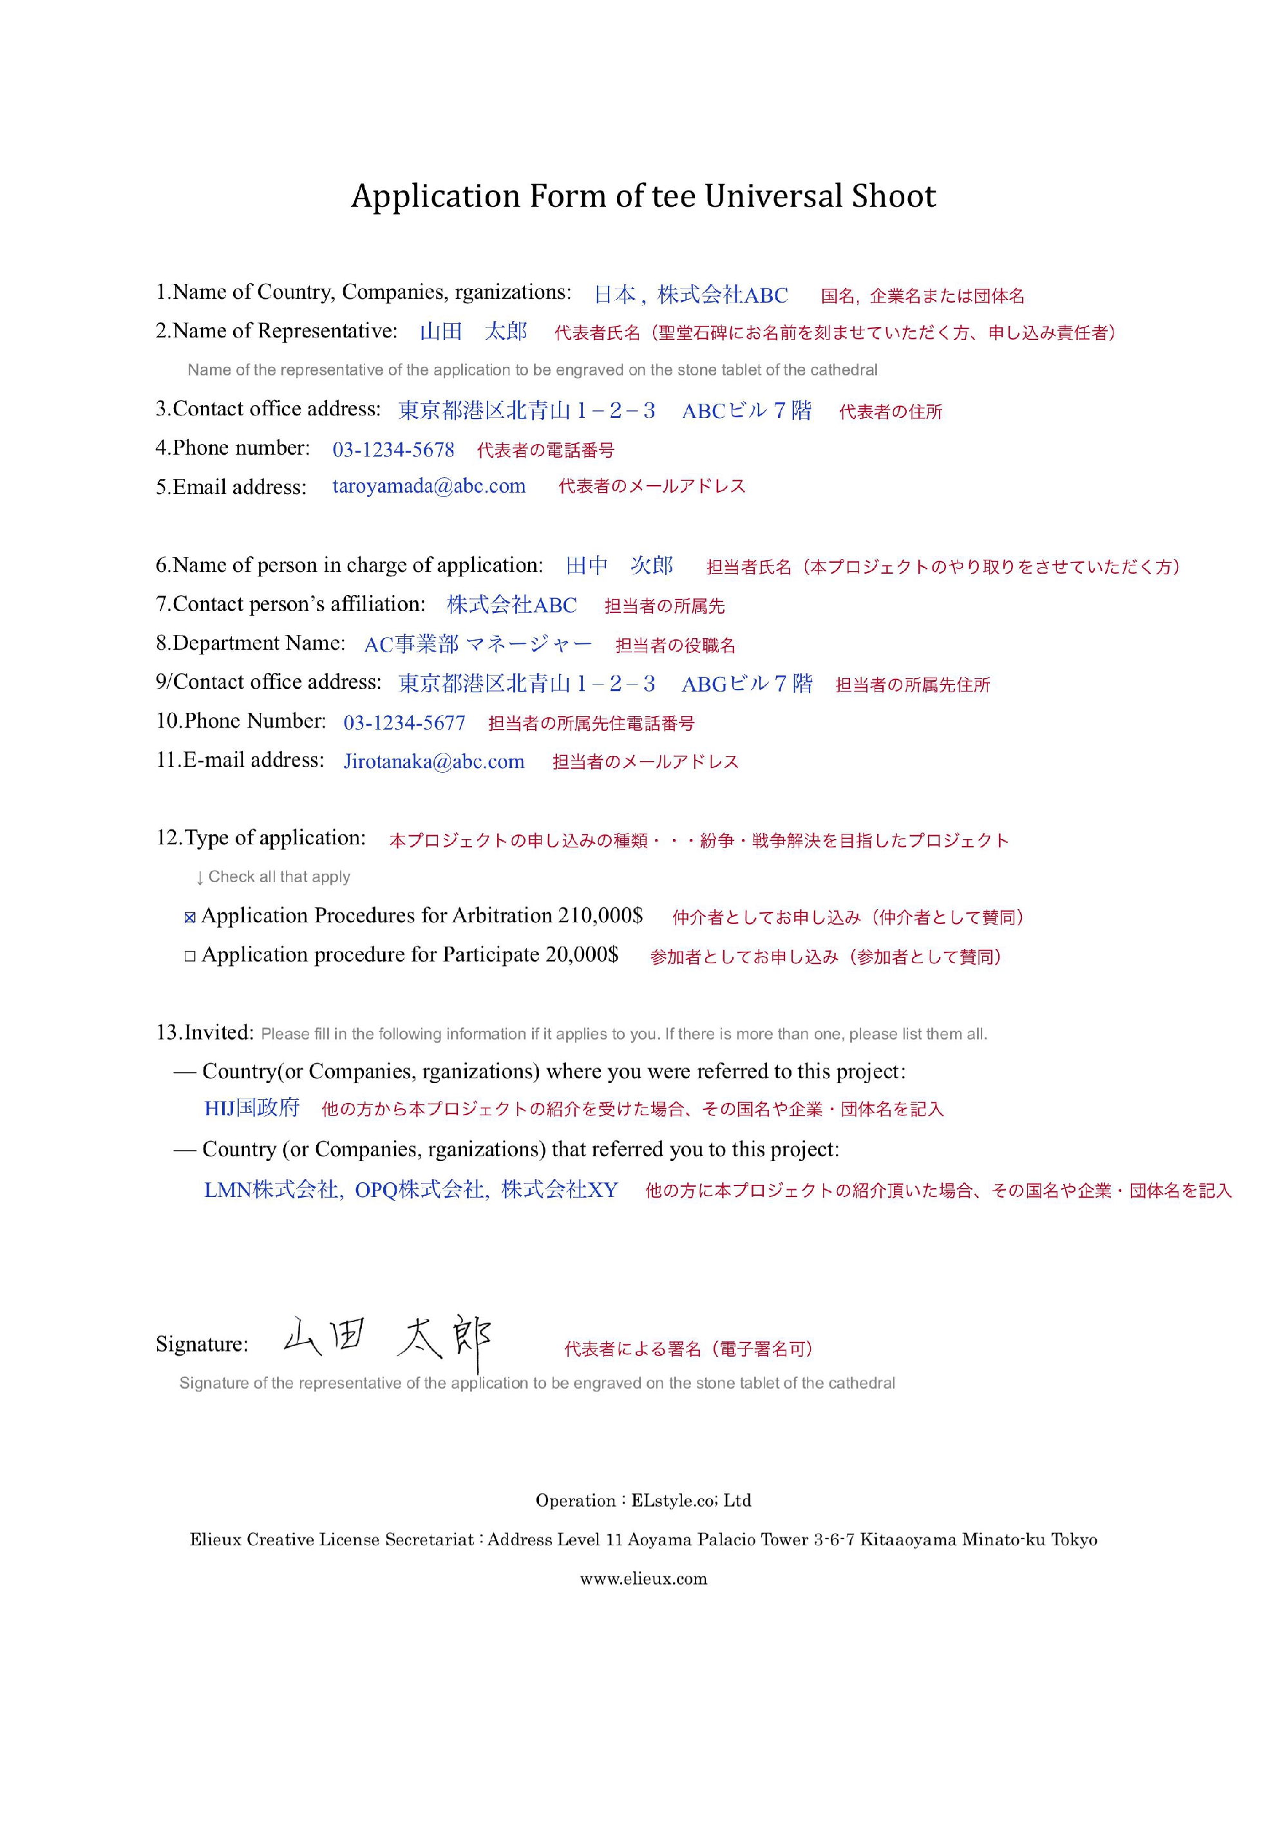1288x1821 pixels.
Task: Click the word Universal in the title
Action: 773,196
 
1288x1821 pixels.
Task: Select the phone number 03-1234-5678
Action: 393,451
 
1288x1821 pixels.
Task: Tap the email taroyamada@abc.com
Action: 428,486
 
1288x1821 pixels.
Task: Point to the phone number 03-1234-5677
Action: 404,723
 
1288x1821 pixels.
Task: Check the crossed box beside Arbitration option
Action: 189,918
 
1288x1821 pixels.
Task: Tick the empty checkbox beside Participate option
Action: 189,956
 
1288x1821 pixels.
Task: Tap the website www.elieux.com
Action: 643,1579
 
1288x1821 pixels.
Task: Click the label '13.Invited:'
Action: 205,1033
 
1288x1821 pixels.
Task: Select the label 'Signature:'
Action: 202,1345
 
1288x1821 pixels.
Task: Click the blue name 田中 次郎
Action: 619,565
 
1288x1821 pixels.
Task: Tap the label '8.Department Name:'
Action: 250,643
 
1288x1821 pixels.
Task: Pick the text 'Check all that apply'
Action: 278,877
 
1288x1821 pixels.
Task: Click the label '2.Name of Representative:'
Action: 276,332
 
